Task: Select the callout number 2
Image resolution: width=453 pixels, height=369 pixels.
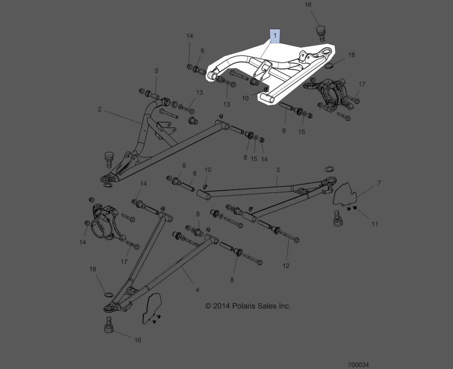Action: (x=100, y=109)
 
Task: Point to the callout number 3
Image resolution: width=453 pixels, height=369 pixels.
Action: (x=278, y=170)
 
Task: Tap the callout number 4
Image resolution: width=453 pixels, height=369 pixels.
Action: (x=197, y=290)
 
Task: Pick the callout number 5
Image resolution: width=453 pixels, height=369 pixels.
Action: (x=156, y=71)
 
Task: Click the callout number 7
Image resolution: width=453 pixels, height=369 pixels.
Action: (x=379, y=183)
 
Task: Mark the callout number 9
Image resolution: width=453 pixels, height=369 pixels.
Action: (x=202, y=51)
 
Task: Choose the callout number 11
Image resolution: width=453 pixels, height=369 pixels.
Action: (x=375, y=224)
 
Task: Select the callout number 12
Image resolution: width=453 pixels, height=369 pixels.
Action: (x=286, y=265)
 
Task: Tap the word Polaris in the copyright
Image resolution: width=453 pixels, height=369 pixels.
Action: (x=244, y=306)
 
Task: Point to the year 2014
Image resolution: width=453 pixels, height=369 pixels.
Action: (x=222, y=306)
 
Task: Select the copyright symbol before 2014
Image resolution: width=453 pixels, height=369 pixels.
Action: (x=208, y=306)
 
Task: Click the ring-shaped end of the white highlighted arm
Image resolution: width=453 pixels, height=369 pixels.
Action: (x=325, y=52)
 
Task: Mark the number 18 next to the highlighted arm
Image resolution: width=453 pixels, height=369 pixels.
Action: (x=351, y=55)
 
